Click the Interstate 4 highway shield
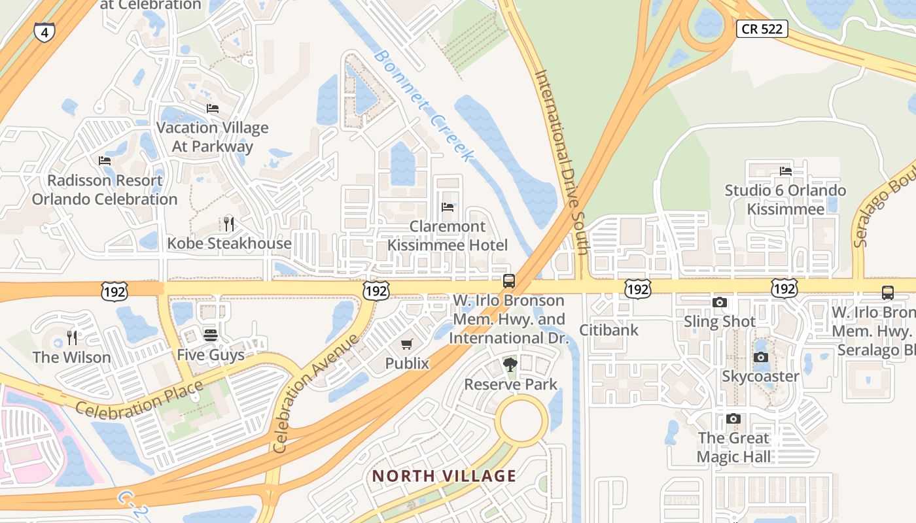[44, 31]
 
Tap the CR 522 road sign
[762, 29]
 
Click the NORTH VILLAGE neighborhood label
[444, 476]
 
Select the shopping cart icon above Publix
[407, 344]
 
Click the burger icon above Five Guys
[210, 335]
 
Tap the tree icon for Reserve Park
[510, 365]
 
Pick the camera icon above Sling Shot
[720, 302]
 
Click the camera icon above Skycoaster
[760, 357]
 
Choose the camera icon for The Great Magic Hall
[733, 418]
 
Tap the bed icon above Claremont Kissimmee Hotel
[448, 207]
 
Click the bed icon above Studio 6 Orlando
[786, 171]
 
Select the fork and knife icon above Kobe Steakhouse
[228, 224]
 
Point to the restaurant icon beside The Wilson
[72, 338]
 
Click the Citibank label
[608, 330]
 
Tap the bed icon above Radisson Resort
[105, 161]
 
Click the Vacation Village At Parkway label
[212, 137]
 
